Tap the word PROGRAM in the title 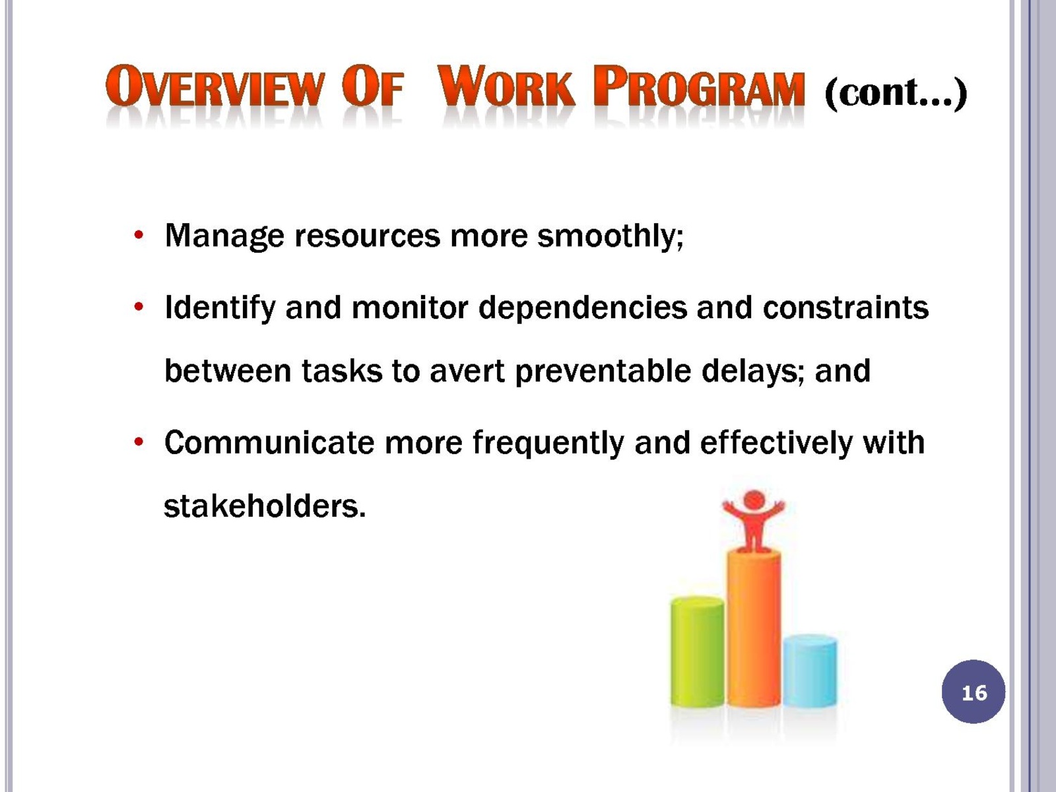698,86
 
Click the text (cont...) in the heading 896,92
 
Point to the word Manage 224,236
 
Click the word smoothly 610,236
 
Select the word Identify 220,308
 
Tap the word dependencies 583,308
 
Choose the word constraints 845,308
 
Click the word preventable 603,371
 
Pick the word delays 753,371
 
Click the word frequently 548,444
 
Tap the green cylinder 697,652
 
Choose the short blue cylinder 810,671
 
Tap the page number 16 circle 973,692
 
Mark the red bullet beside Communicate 139,442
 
